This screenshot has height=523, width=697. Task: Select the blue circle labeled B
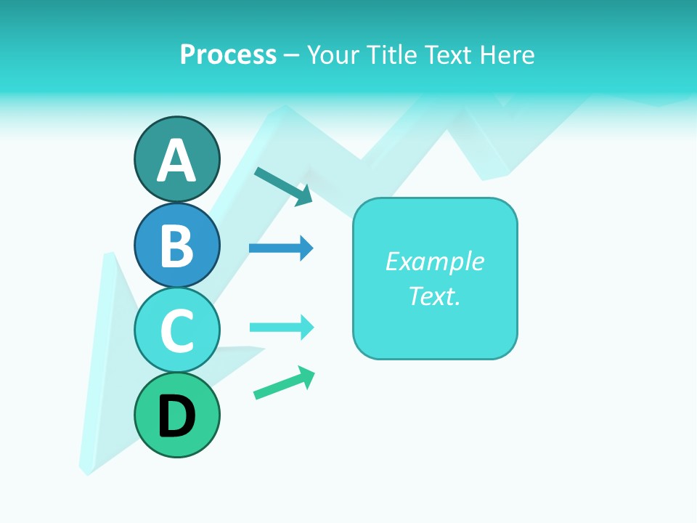coord(176,245)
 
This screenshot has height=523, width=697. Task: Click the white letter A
coord(176,161)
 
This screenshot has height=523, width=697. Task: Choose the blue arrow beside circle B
coord(281,248)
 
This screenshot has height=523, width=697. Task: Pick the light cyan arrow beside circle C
coord(281,328)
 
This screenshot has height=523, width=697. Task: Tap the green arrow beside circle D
coord(284,383)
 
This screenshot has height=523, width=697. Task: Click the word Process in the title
coord(228,54)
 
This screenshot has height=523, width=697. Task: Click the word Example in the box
coord(434,261)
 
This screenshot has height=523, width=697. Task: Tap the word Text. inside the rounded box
coord(434,296)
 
